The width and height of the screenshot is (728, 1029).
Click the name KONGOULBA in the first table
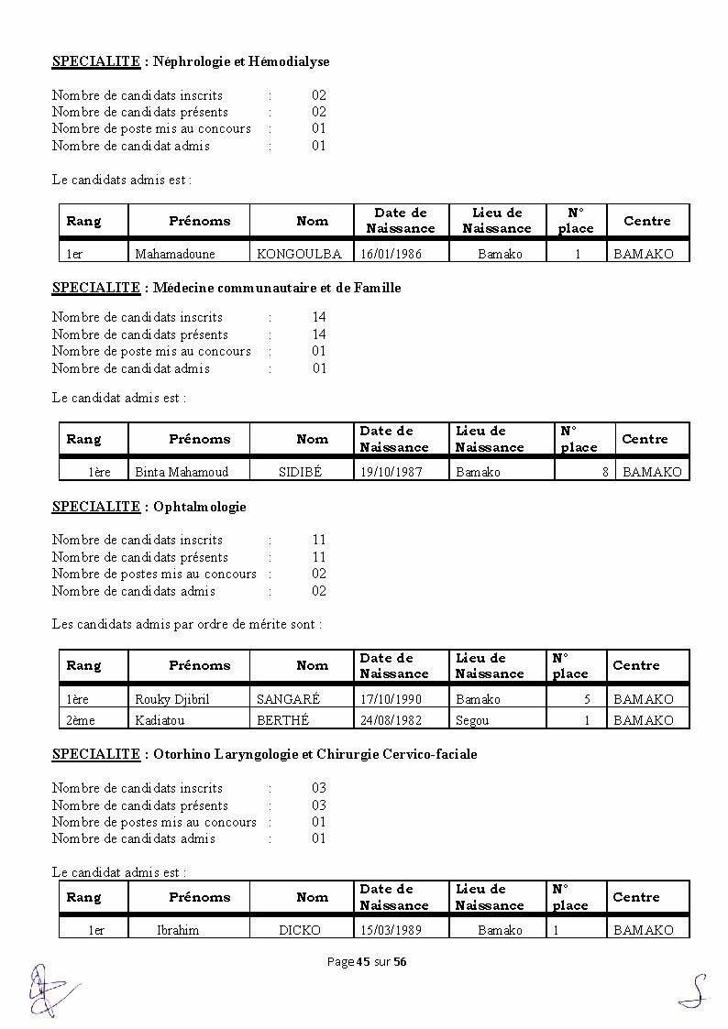299,254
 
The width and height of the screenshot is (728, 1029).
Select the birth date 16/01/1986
391,254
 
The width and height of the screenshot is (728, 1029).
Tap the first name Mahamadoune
172,254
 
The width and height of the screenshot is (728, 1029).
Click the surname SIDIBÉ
301,472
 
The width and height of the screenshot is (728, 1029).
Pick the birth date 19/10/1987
391,472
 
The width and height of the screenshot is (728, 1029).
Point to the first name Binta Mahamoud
182,472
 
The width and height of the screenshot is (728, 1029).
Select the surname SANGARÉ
289,699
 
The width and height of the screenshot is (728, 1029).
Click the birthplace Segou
472,720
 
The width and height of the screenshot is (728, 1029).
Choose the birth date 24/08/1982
391,720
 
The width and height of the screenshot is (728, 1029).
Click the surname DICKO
300,930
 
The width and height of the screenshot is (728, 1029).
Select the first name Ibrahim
177,930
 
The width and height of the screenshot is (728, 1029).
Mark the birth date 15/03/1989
391,930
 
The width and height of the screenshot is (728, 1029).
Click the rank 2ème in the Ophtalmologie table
81,720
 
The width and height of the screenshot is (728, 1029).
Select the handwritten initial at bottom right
694,991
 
